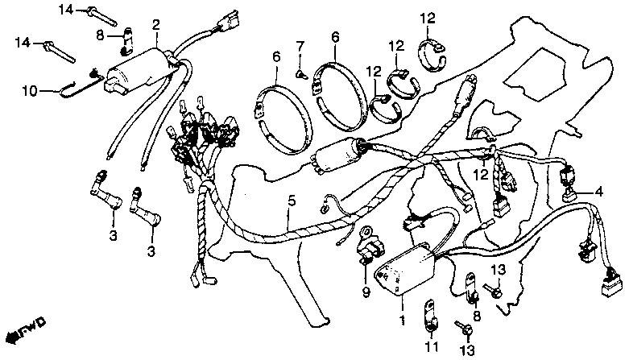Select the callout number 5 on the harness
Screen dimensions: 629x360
[x=290, y=200]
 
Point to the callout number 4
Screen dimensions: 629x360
[x=598, y=192]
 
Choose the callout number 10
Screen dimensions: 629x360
[x=29, y=92]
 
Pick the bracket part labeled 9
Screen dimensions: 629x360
[x=367, y=246]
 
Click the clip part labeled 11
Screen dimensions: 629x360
[x=430, y=316]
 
